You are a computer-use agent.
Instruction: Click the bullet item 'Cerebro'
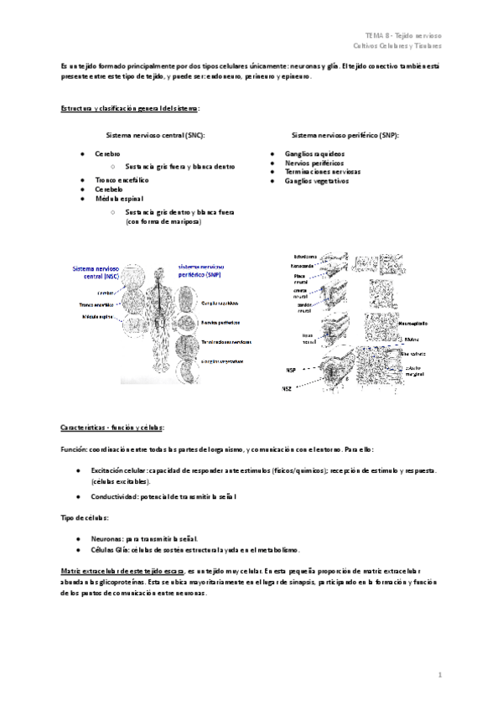[x=108, y=154]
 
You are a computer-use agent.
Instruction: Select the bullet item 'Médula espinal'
[x=117, y=200]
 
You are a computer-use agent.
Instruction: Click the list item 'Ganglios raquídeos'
[x=314, y=154]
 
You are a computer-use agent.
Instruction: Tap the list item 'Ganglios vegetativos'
[x=316, y=180]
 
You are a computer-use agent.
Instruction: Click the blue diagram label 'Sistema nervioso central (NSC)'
[x=95, y=271]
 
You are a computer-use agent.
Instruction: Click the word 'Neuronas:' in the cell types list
[x=111, y=537]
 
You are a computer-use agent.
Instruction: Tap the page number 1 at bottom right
[x=439, y=675]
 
